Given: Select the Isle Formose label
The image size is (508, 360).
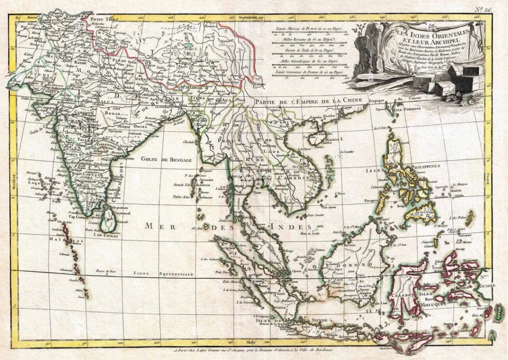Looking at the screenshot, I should tap(408, 108).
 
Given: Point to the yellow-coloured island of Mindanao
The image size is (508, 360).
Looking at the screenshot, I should tap(421, 214).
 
